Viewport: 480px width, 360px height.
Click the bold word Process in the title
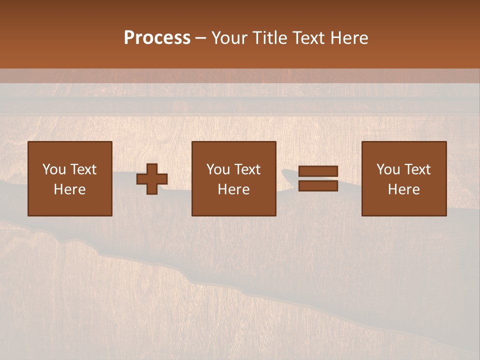pyautogui.click(x=157, y=38)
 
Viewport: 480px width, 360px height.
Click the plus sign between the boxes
pyautogui.click(x=152, y=179)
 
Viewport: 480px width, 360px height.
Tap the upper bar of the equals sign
pyautogui.click(x=318, y=171)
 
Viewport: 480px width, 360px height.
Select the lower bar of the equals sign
pyautogui.click(x=318, y=186)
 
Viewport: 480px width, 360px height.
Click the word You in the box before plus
pyautogui.click(x=54, y=169)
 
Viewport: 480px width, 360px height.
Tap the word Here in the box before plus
pyautogui.click(x=69, y=189)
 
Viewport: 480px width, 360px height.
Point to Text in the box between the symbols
pyautogui.click(x=247, y=169)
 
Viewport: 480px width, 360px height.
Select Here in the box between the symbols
pyautogui.click(x=233, y=189)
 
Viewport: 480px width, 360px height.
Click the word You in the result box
pyautogui.click(x=388, y=169)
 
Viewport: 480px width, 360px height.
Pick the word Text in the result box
pyautogui.click(x=417, y=169)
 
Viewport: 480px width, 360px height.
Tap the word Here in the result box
pyautogui.click(x=403, y=189)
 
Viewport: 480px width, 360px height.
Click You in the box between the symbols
pyautogui.click(x=218, y=169)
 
